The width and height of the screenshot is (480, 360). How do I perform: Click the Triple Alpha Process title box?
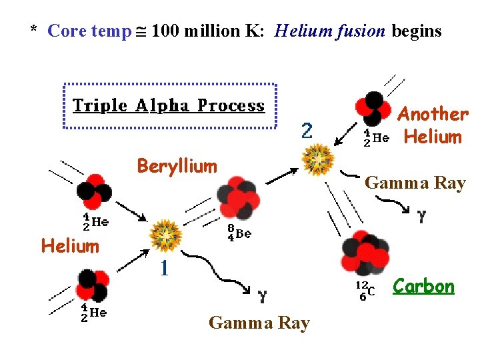169,105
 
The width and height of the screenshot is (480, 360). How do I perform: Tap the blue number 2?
306,131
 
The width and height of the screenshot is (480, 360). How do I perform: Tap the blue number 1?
163,269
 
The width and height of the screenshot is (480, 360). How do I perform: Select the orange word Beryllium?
177,166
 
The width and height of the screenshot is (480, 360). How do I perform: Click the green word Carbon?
423,287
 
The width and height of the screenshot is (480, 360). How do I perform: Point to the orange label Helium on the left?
70,246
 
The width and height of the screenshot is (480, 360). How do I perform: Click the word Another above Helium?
433,114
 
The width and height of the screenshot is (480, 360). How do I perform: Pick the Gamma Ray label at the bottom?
259,323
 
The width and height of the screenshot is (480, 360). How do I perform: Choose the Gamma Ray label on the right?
415,183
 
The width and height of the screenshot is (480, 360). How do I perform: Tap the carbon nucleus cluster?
365,253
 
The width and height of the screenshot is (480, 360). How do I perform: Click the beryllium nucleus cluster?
235,198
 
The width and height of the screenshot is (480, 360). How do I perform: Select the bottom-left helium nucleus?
91,285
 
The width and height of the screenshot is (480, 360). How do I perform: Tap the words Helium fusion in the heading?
330,31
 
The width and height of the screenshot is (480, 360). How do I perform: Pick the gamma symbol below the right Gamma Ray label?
421,216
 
